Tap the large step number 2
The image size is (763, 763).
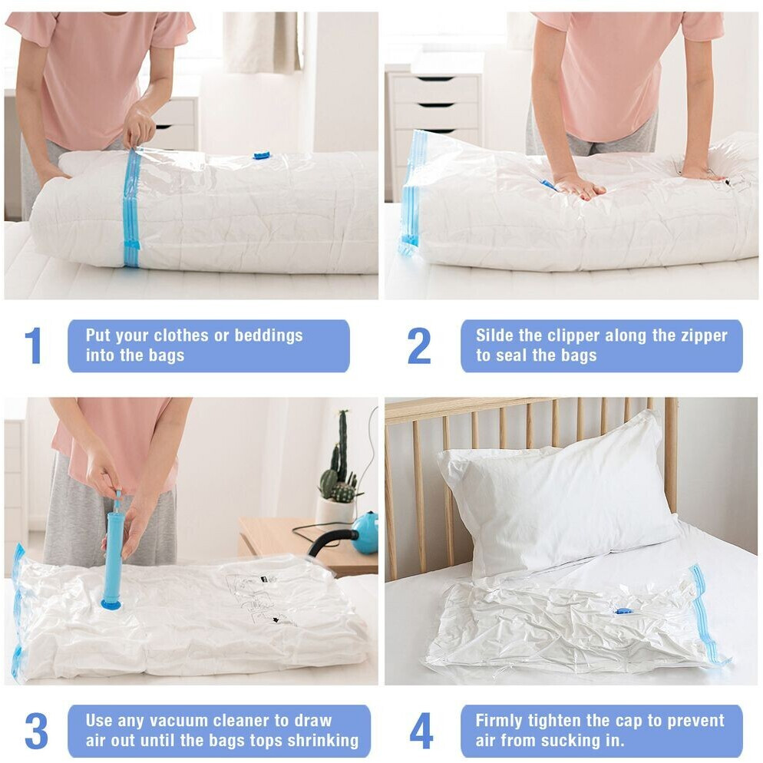419,345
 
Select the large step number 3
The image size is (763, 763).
36,731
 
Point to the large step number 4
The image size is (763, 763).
421,731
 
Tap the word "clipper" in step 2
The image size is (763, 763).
573,335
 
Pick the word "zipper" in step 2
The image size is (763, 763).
703,335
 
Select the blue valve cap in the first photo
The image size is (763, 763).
261,156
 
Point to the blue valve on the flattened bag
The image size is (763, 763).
622,611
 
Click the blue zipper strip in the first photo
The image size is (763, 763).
131,208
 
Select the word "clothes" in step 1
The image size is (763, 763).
181,335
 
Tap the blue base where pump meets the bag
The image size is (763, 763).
113,604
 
